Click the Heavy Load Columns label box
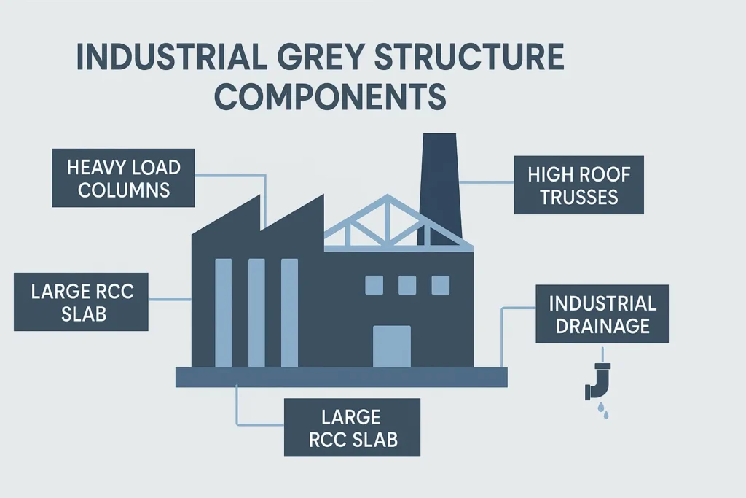click(124, 178)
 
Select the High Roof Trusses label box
click(578, 184)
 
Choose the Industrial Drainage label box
click(602, 314)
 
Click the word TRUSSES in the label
click(578, 196)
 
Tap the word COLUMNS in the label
click(124, 190)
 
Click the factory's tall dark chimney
click(439, 182)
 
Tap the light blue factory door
click(392, 346)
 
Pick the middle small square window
click(407, 285)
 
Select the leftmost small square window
click(374, 285)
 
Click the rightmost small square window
click(441, 285)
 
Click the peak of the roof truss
click(388, 198)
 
